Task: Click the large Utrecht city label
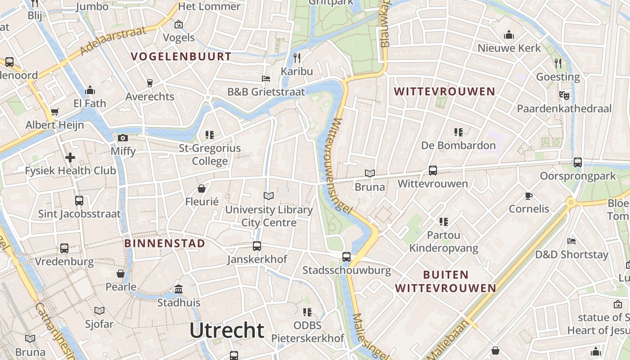tap(227, 330)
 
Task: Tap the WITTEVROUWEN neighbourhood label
tap(444, 92)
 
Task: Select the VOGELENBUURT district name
tap(181, 57)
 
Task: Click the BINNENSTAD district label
tap(165, 243)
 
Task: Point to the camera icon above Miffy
tap(123, 138)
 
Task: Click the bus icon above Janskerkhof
tap(257, 246)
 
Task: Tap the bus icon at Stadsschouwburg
tap(346, 257)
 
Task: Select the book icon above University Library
tap(269, 196)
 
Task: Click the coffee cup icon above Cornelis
tap(529, 196)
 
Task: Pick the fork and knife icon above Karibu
tap(297, 58)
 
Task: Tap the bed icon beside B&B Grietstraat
tap(266, 79)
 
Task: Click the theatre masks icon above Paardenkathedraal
tap(564, 95)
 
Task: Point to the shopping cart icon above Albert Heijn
tap(55, 112)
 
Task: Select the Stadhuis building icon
tap(179, 289)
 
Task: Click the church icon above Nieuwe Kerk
tap(509, 35)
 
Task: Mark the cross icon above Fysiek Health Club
tap(70, 157)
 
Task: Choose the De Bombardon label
tap(458, 145)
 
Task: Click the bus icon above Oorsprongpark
tap(578, 162)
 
